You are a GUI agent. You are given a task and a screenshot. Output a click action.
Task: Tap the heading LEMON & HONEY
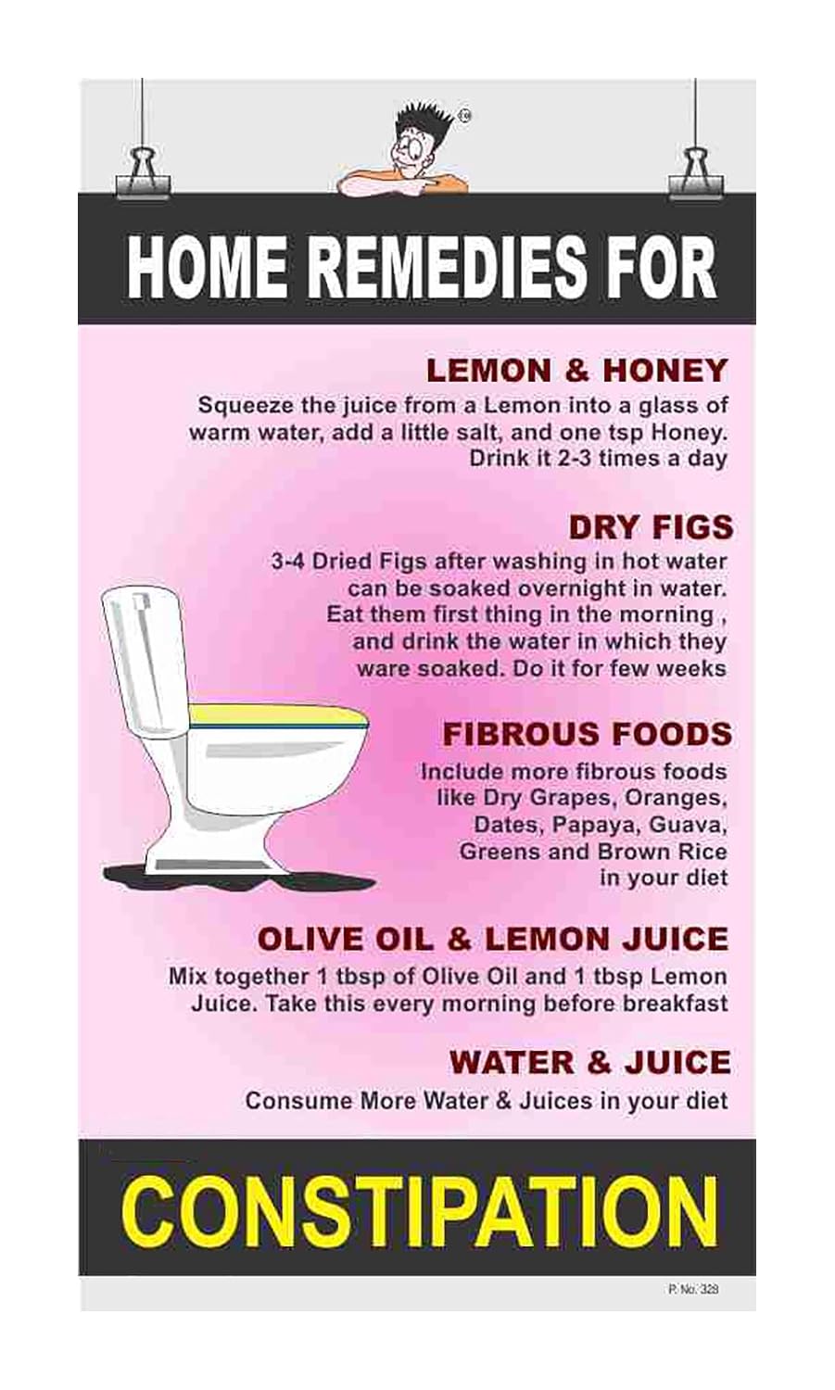pyautogui.click(x=576, y=371)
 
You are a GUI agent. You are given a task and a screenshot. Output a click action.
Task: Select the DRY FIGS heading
pyautogui.click(x=651, y=527)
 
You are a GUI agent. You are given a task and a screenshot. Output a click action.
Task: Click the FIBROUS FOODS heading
pyautogui.click(x=587, y=734)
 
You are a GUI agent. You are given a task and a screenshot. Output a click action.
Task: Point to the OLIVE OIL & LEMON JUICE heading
pyautogui.click(x=493, y=939)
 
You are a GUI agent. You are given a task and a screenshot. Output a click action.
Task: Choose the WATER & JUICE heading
pyautogui.click(x=590, y=1062)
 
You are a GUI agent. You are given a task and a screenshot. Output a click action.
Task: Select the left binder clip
pyautogui.click(x=142, y=174)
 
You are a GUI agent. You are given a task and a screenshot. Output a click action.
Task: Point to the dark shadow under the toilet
pyautogui.click(x=232, y=875)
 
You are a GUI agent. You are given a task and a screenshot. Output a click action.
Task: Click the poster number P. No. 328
pyautogui.click(x=692, y=1289)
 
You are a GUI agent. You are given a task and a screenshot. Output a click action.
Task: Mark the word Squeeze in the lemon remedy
pyautogui.click(x=237, y=405)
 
